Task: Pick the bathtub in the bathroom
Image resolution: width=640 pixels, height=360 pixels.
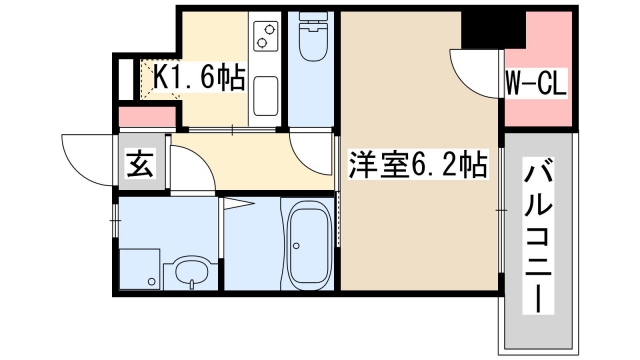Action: click(311, 245)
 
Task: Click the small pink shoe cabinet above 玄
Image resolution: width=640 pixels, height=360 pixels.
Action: click(140, 117)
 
